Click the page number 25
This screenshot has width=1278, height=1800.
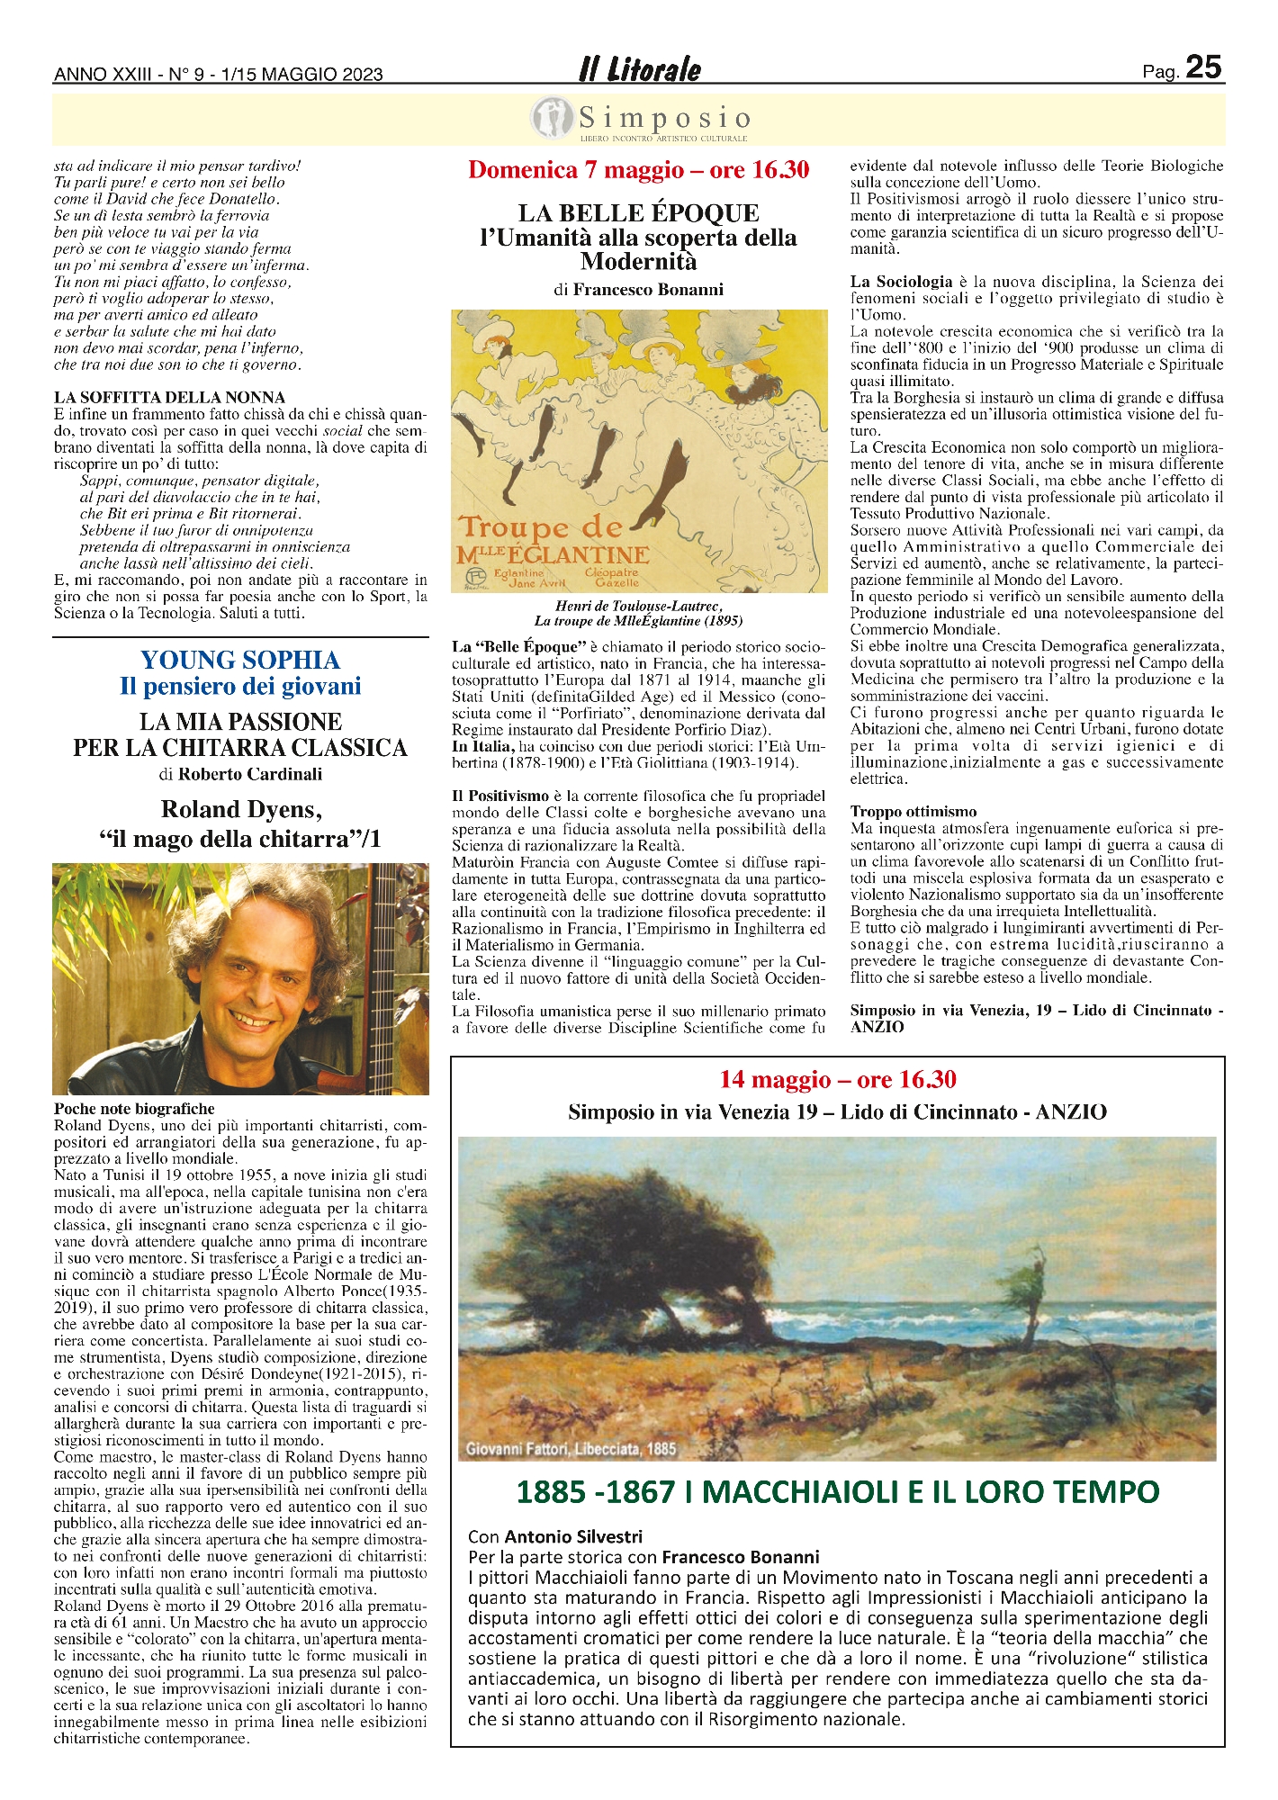point(1203,67)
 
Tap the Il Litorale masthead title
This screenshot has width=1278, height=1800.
point(639,69)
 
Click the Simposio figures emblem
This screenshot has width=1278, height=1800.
point(552,119)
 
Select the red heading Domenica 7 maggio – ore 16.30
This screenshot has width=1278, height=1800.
point(639,170)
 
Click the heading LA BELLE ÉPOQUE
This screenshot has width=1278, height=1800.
point(638,213)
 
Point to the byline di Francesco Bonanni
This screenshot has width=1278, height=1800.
point(638,290)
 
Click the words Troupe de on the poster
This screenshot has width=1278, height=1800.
point(540,527)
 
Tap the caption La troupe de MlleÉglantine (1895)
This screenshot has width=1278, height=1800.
point(638,621)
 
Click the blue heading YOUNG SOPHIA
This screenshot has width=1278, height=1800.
point(240,661)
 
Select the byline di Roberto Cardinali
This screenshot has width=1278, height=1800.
point(240,774)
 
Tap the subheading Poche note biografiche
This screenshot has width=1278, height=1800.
point(134,1109)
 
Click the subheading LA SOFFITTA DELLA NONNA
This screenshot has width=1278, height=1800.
point(169,398)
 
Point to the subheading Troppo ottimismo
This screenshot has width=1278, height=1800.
point(913,812)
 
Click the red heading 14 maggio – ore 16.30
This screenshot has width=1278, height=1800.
point(837,1079)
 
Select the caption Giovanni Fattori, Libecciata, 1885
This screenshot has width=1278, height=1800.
point(571,1448)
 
